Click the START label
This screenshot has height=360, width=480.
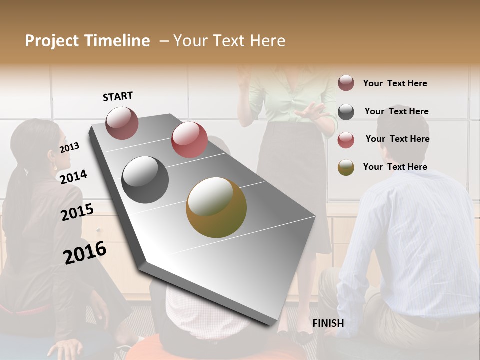pos(118,96)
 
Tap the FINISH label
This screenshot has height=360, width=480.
pos(328,323)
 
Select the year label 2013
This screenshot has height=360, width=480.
pos(69,147)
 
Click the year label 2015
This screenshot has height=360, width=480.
pos(77,212)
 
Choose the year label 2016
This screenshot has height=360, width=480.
pos(85,252)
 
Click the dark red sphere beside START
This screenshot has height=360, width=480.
pos(122,123)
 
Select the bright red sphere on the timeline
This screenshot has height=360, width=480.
pos(189,139)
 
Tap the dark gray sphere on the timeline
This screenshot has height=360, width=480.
pos(145,179)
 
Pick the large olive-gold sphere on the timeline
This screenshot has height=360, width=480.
pos(216,207)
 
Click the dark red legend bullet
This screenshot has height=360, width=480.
pos(346,83)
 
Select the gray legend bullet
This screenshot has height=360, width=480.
pos(346,111)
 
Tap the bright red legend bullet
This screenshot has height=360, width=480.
pos(346,139)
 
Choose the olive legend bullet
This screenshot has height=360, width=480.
pos(346,167)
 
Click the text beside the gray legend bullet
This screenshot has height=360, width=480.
pos(396,111)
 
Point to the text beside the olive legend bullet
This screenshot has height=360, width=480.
pos(395,167)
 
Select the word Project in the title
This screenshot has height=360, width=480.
pos(52,41)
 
